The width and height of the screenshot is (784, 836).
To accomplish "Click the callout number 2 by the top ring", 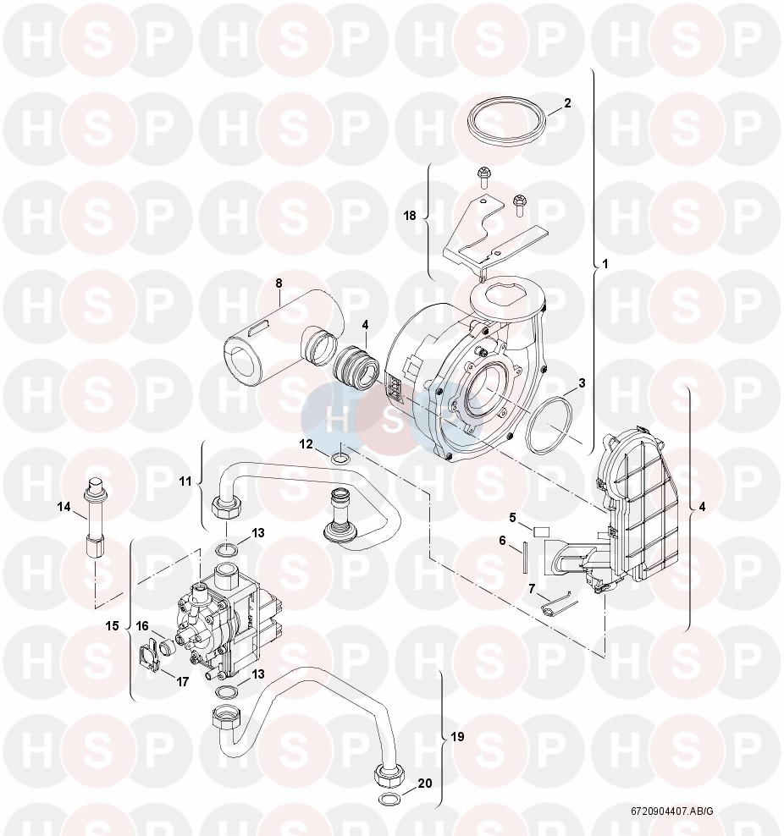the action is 567,103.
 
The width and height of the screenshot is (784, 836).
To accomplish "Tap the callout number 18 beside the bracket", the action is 410,216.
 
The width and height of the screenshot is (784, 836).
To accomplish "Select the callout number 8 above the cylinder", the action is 279,283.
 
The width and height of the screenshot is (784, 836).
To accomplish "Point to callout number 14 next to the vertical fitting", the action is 64,507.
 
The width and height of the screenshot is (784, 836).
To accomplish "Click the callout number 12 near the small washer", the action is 306,443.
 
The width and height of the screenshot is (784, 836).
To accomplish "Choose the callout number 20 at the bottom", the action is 425,784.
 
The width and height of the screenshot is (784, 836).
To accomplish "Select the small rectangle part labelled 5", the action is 541,531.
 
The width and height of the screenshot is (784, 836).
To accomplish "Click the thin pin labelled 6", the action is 525,557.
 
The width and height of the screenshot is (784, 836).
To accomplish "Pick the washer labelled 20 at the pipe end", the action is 386,800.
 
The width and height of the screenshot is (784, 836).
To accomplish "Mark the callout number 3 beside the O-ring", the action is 582,382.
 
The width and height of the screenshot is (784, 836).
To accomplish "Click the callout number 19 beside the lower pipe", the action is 457,737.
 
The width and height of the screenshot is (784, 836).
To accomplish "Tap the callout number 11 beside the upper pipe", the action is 185,481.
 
